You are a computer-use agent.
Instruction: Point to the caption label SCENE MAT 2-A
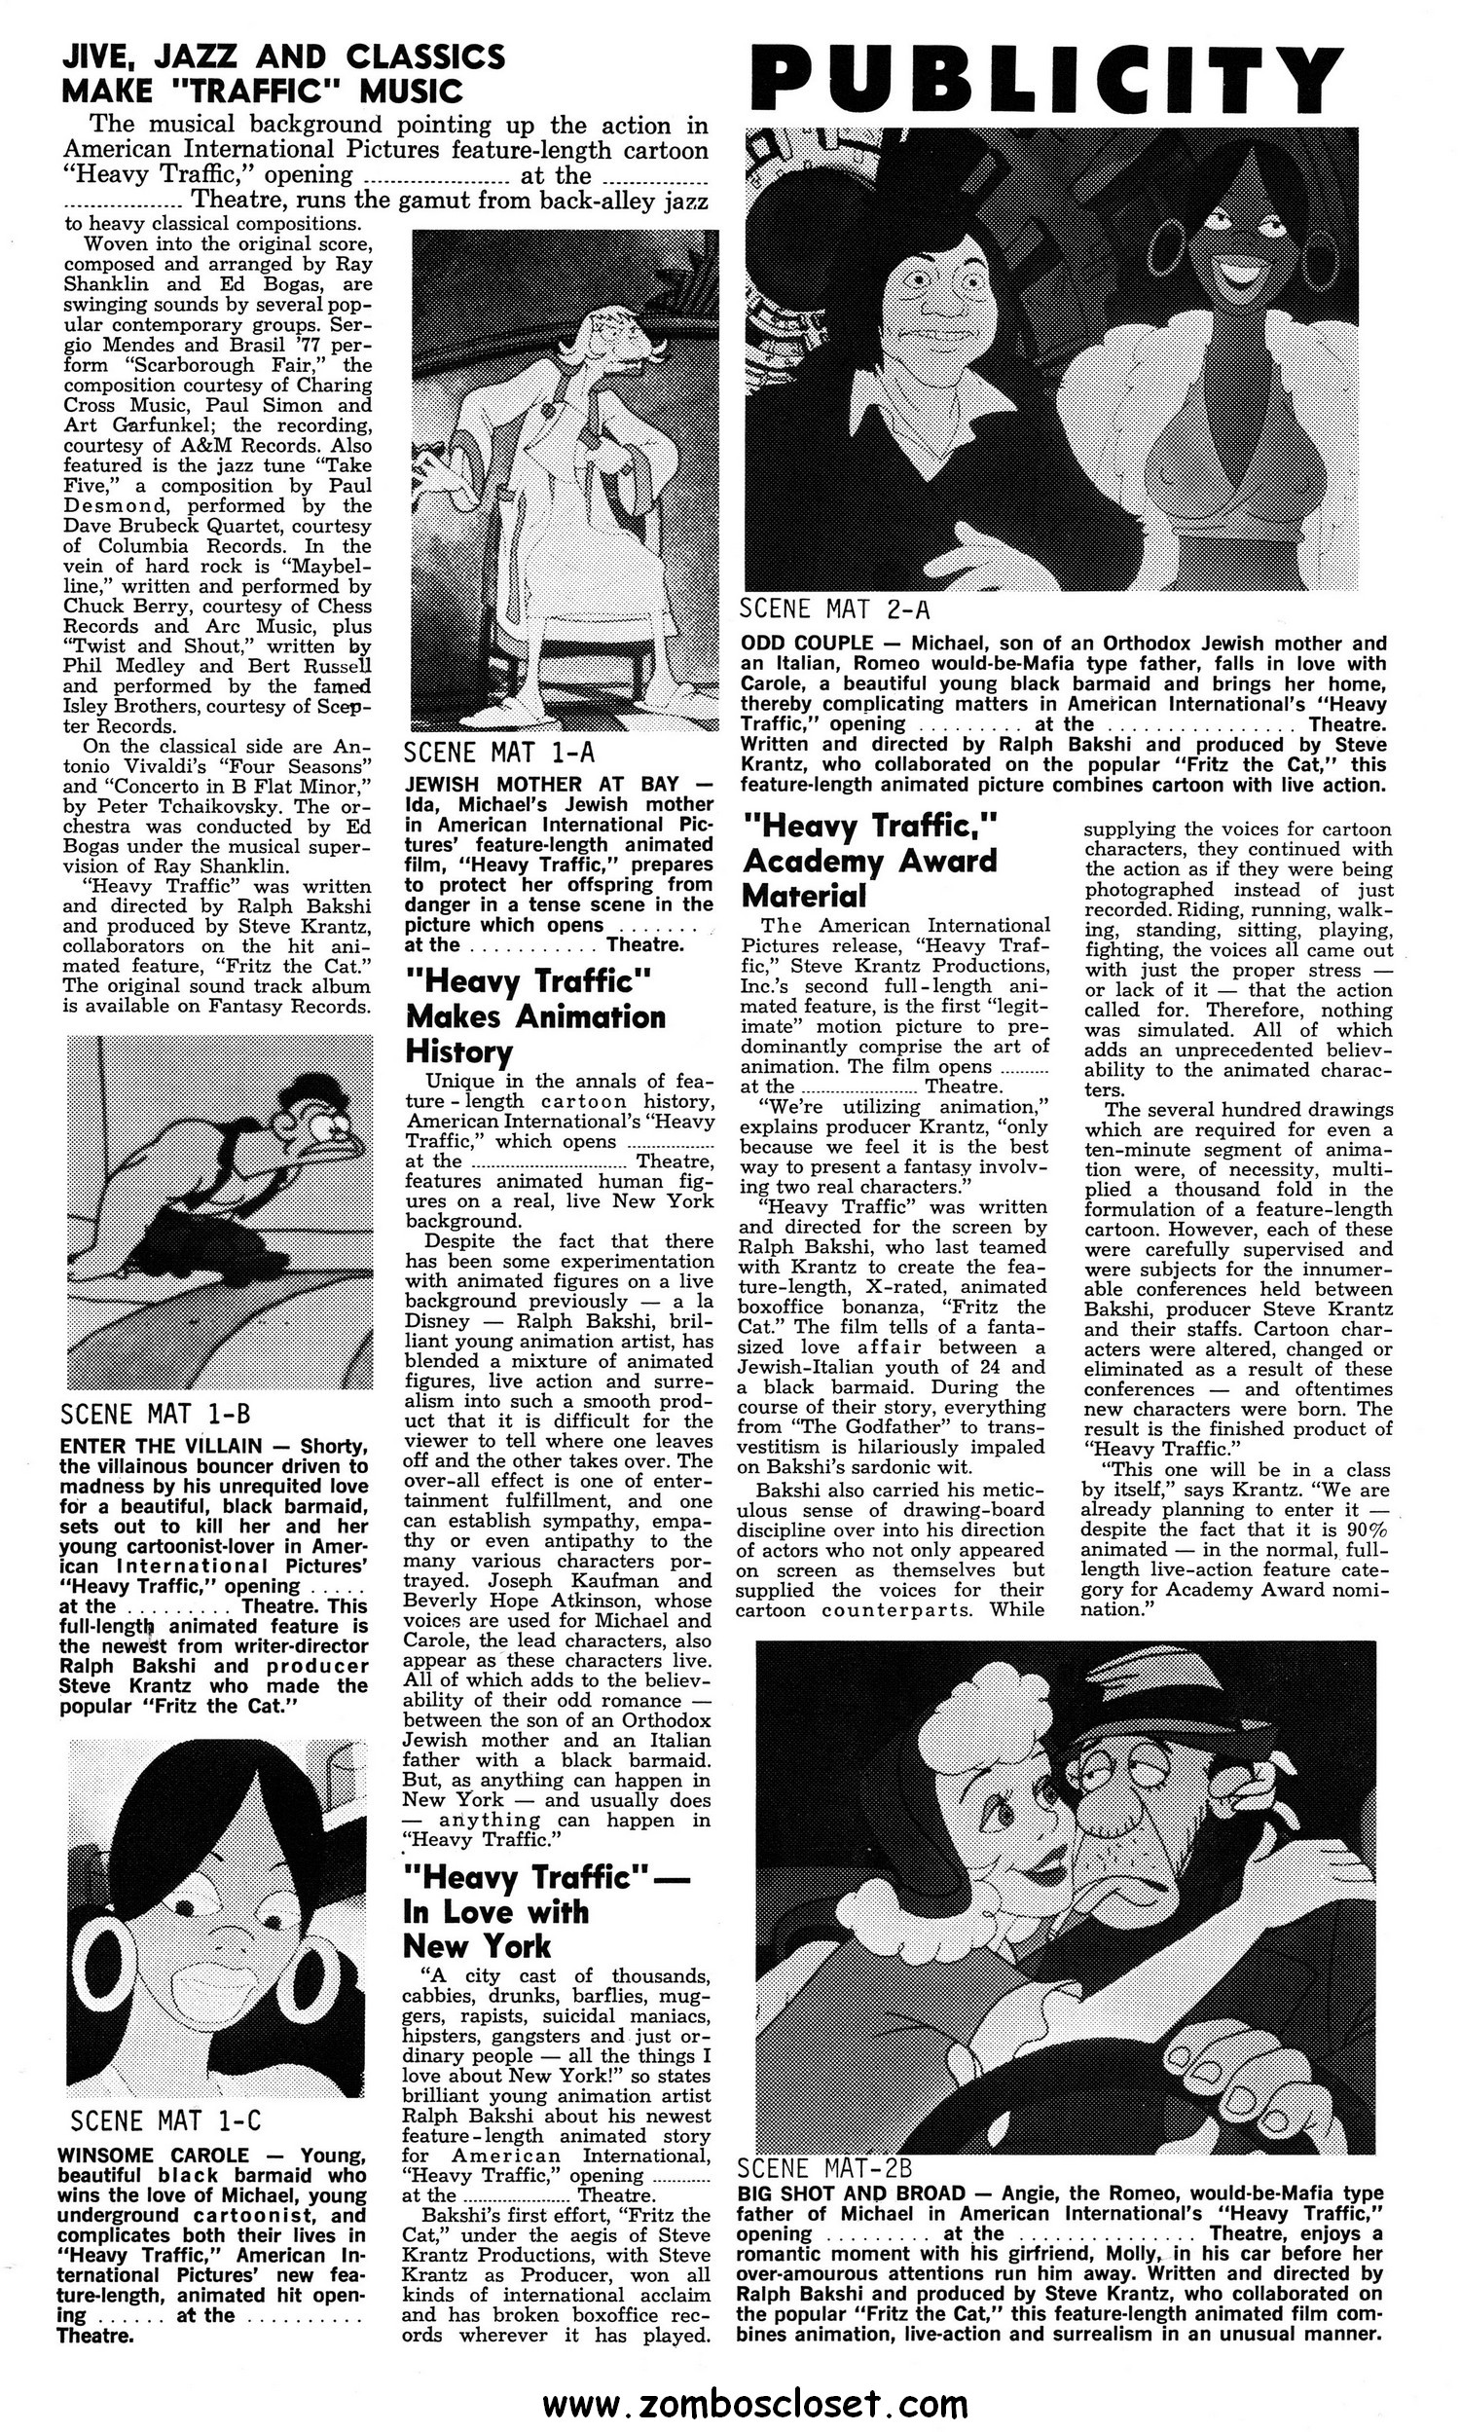click(835, 607)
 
